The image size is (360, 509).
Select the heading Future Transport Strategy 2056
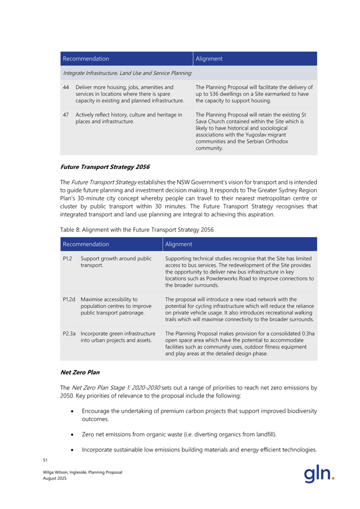[99, 166]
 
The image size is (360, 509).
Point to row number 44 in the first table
[66, 87]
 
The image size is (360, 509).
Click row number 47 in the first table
[66, 115]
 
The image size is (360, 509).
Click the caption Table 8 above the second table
[137, 230]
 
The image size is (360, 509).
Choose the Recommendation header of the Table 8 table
[86, 244]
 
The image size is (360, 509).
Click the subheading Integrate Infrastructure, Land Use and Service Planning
[127, 72]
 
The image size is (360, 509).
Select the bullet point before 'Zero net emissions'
[72, 435]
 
